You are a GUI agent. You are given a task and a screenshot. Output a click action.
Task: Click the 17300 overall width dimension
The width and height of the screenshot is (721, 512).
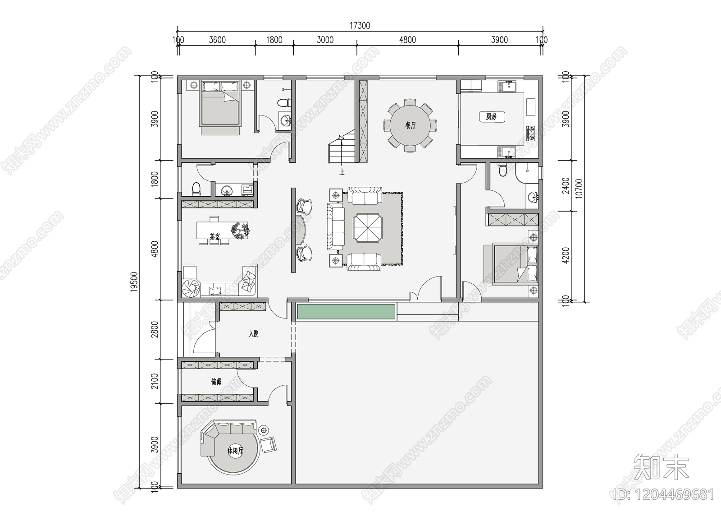[x=360, y=26]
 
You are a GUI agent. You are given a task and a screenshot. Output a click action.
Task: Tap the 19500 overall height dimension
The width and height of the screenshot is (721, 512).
[x=134, y=281]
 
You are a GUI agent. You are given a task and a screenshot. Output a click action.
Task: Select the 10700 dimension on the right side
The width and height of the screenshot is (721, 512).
[x=580, y=189]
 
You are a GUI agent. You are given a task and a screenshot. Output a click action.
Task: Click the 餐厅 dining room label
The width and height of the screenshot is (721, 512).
[x=410, y=125]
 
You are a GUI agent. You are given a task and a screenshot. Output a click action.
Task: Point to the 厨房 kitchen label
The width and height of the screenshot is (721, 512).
[x=491, y=117]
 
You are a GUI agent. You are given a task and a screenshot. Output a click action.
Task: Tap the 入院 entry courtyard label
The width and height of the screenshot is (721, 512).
[x=254, y=334]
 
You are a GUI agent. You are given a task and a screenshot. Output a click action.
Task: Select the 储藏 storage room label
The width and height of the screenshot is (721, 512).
[x=216, y=382]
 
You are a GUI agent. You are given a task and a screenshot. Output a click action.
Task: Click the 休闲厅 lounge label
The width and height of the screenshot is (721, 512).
[x=235, y=451]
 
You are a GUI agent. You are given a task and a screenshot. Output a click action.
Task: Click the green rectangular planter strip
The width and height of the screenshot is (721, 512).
[x=346, y=311]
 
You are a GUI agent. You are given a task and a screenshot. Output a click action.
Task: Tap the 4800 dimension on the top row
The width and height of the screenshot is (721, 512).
[x=407, y=40]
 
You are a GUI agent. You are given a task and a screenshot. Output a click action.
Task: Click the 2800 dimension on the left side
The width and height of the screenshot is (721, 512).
[x=155, y=329]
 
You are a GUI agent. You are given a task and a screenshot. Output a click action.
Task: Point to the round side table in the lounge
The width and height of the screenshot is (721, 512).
[x=264, y=430]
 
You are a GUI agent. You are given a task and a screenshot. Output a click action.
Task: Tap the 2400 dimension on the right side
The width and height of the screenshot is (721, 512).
[x=566, y=185]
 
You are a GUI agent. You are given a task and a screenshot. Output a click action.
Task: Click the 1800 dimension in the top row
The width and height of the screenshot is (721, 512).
[x=274, y=40]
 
